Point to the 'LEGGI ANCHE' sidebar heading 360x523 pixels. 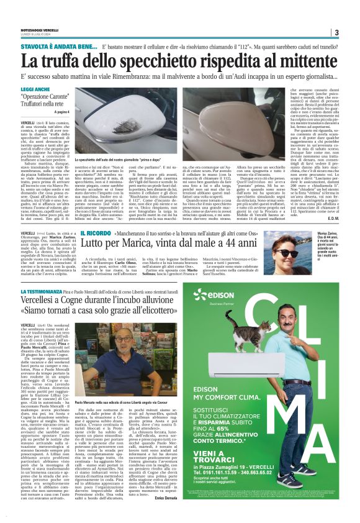point(34,91)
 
